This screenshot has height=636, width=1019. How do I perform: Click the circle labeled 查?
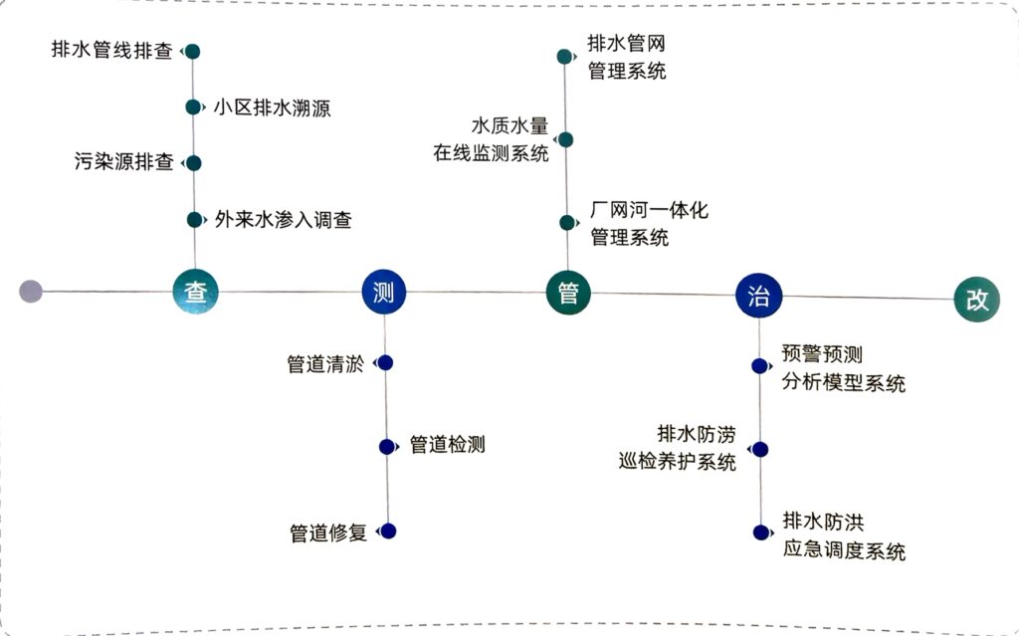(194, 292)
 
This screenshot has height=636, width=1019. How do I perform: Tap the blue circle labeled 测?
(383, 292)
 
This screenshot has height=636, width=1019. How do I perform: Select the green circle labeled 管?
(568, 294)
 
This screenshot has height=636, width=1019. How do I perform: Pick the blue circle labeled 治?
(758, 296)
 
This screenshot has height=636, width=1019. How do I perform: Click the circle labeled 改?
(976, 300)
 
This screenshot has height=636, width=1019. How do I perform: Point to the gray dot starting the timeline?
(31, 291)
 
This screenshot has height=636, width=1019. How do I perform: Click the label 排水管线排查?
(111, 51)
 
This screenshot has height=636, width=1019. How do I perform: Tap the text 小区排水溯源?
(272, 107)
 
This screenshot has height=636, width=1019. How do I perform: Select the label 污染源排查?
(123, 162)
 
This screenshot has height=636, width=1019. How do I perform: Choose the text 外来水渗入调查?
(283, 220)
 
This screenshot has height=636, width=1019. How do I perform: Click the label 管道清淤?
(324, 363)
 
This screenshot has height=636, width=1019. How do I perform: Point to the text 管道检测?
(447, 445)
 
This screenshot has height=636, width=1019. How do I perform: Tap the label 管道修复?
(327, 532)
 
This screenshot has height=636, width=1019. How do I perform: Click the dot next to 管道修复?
(388, 531)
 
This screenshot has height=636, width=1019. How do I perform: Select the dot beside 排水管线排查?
(193, 51)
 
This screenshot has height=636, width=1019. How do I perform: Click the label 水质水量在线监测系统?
(491, 139)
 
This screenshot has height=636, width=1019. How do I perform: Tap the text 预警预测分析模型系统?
(843, 368)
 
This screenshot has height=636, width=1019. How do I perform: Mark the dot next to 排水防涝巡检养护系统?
(760, 450)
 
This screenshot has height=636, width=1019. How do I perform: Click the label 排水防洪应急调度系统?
(843, 535)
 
